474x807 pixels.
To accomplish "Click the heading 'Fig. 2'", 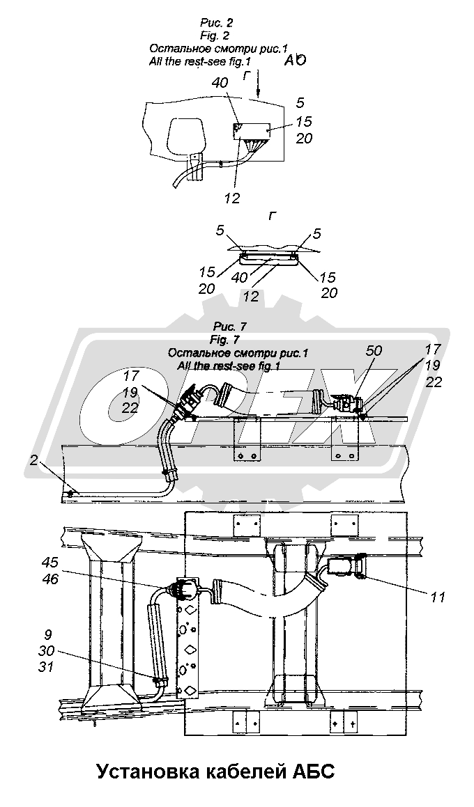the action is tap(215, 36).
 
